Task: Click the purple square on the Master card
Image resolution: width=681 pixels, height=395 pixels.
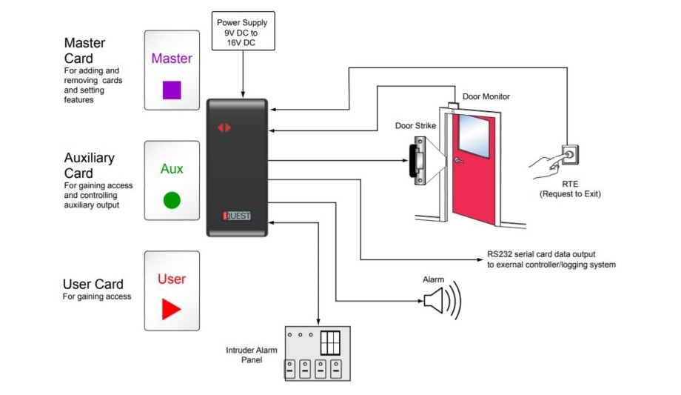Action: [x=172, y=90]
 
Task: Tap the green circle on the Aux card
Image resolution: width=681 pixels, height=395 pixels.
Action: [x=172, y=200]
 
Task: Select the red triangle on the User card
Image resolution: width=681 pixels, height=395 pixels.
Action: [x=172, y=309]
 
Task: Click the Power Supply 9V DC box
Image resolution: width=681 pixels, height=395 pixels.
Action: [x=244, y=30]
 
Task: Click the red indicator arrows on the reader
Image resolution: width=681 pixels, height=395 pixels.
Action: [x=224, y=127]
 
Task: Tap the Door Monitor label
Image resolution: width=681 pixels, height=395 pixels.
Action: [x=486, y=96]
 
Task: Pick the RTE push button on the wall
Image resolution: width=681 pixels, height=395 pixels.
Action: [x=571, y=155]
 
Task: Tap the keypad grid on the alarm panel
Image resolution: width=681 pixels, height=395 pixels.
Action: [x=329, y=342]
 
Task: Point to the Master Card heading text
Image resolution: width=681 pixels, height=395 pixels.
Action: [x=84, y=50]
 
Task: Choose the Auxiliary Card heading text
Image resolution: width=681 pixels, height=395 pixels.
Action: [x=89, y=165]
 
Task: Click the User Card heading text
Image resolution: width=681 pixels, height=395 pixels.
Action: [x=93, y=284]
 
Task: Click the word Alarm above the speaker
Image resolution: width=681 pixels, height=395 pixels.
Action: [x=433, y=279]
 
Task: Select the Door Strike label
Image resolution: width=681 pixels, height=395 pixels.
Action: [x=416, y=126]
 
